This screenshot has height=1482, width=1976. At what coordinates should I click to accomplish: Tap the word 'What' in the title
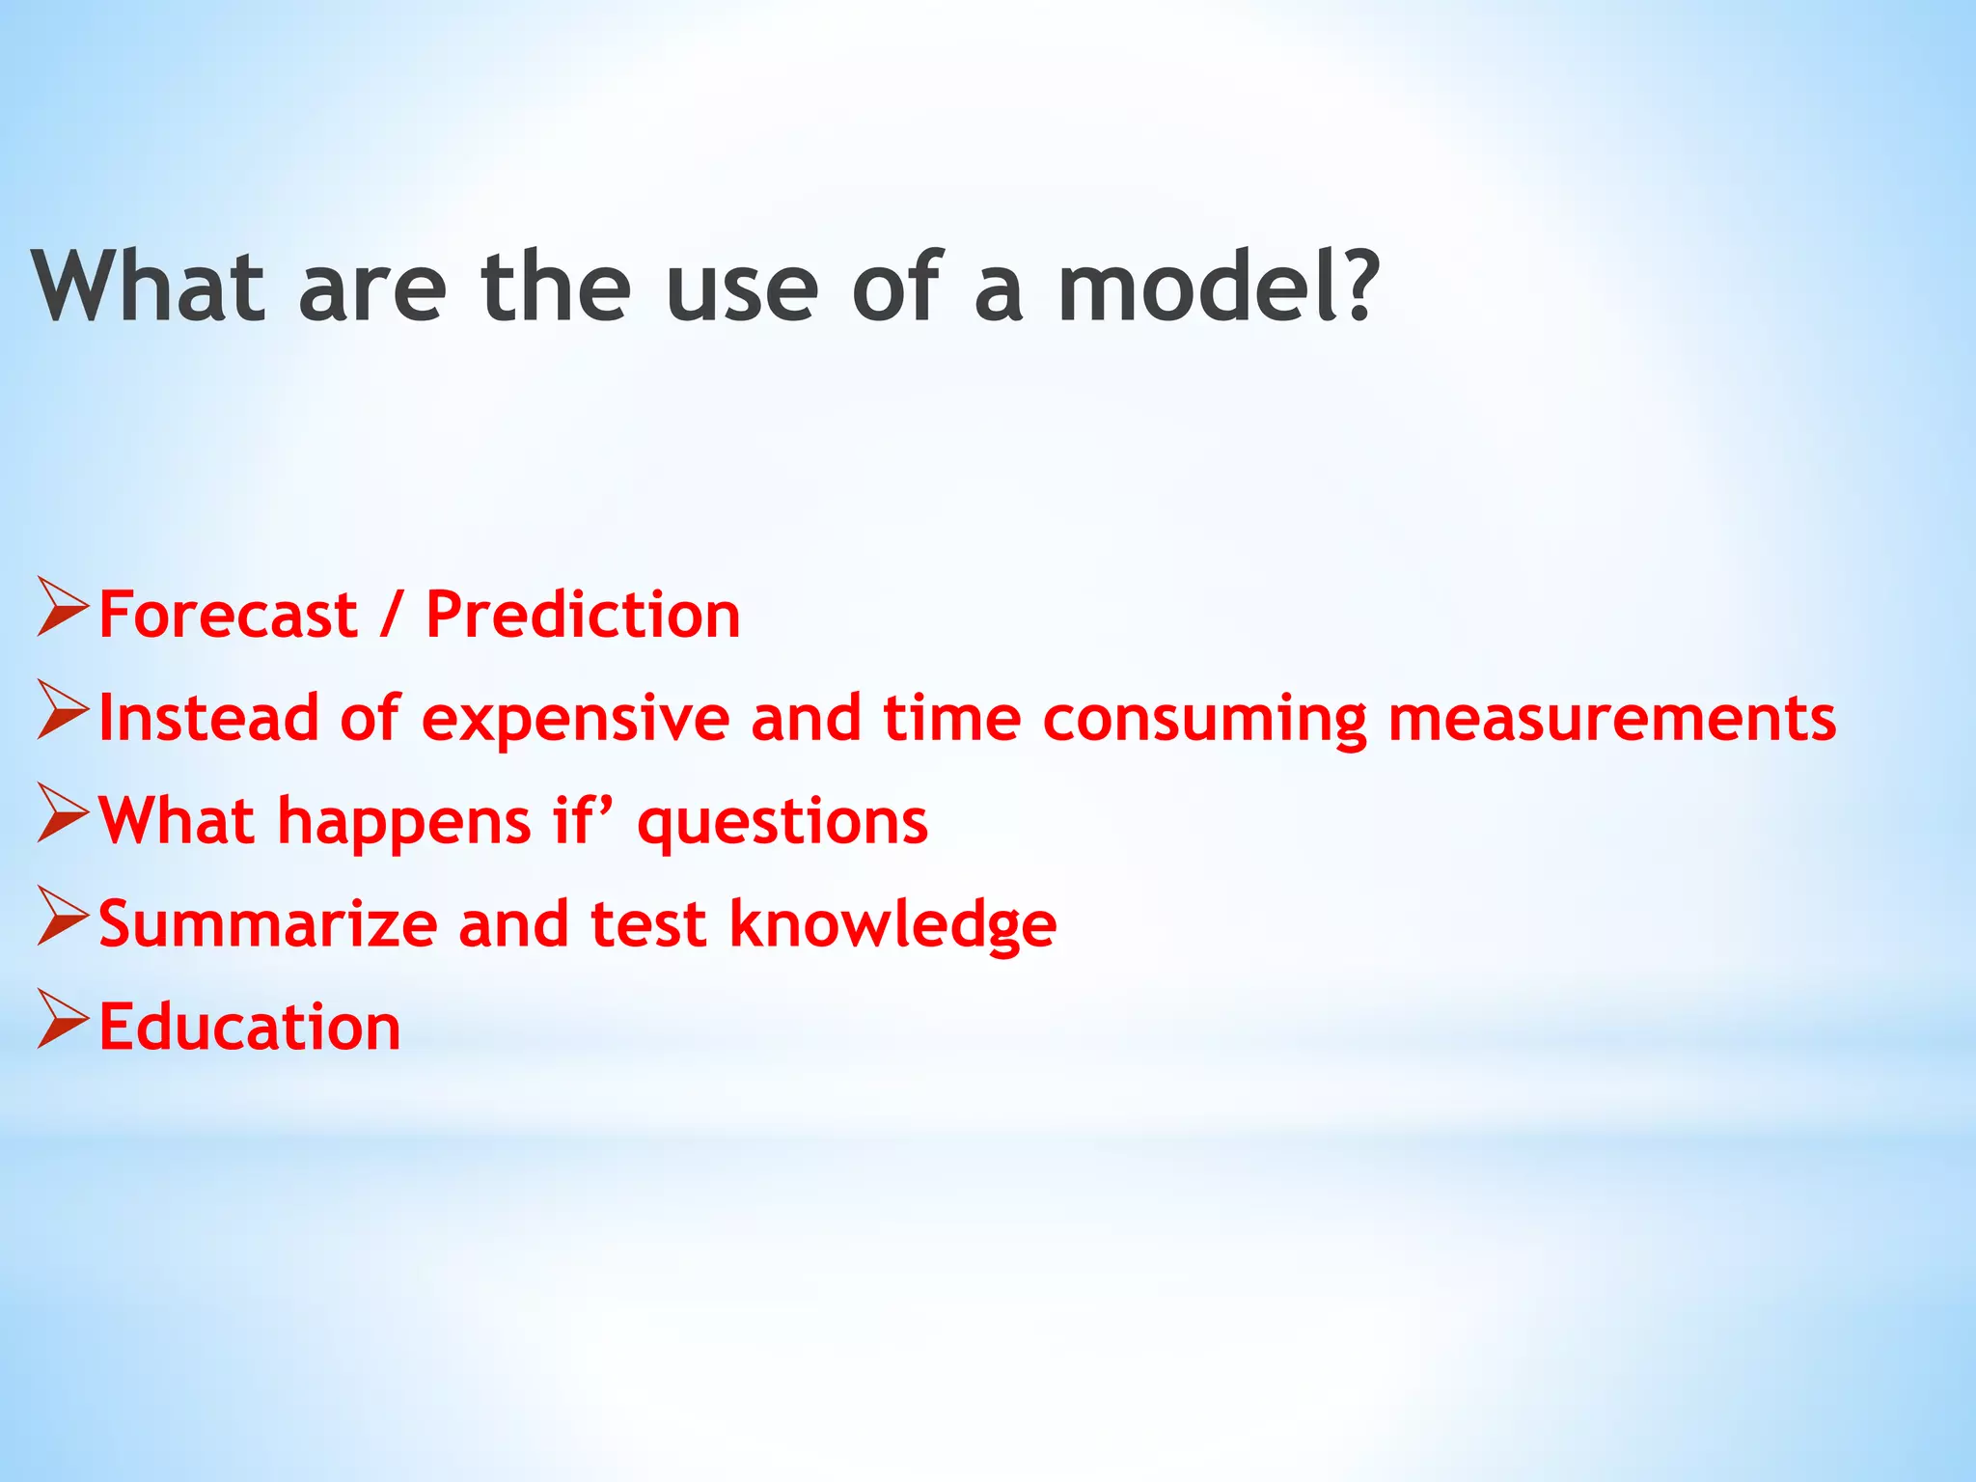[x=148, y=287]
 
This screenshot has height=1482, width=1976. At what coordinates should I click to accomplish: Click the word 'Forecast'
[x=228, y=615]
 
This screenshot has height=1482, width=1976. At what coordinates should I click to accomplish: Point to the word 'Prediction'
[x=583, y=615]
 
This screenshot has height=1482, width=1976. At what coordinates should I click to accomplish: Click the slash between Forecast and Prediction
[x=391, y=615]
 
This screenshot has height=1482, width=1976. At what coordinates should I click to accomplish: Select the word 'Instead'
[x=208, y=718]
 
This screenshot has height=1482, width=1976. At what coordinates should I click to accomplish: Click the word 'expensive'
[x=576, y=720]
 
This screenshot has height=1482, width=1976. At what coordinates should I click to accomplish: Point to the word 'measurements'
[x=1611, y=719]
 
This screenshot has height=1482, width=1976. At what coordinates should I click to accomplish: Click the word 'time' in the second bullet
[x=951, y=718]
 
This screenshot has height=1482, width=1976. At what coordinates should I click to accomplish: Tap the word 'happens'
[x=404, y=823]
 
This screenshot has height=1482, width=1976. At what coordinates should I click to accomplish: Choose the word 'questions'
[x=782, y=823]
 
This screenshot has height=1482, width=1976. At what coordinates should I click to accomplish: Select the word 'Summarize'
[x=268, y=924]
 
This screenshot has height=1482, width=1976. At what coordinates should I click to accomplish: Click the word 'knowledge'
[x=892, y=925]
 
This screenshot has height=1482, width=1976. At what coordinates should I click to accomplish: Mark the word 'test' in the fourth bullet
[x=648, y=924]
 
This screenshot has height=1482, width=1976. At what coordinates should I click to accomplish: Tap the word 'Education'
[x=250, y=1027]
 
